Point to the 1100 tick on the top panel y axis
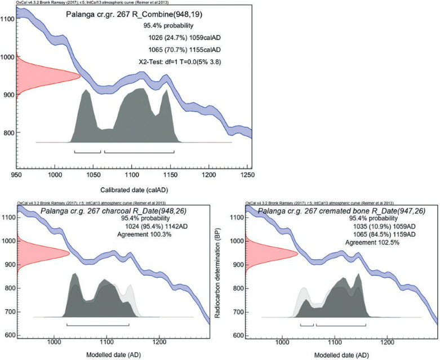(8, 19)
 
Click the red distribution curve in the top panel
(42, 75)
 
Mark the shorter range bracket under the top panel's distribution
(87, 152)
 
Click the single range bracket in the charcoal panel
(97, 325)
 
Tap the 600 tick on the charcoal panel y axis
(8, 336)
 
